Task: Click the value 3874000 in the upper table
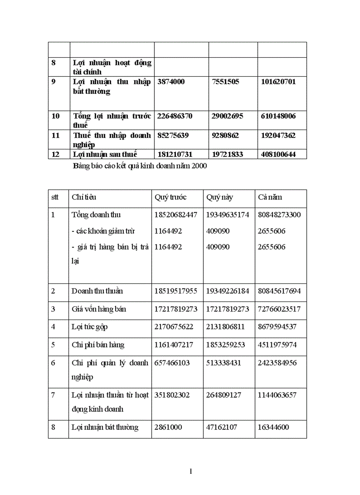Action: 171,82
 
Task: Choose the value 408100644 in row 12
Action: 277,154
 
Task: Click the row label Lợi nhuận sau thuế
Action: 105,154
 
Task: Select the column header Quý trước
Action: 170,197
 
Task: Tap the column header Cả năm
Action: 270,197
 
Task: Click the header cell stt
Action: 55,197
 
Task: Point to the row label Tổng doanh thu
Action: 96,215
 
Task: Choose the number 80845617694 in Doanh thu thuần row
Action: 279,291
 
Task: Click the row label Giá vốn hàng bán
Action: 99,309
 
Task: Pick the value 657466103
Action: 172,363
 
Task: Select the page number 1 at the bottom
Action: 191,472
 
